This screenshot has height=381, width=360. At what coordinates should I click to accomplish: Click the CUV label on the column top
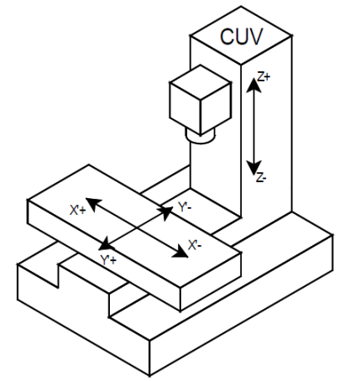241,38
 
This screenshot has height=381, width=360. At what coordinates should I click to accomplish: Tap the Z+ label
263,76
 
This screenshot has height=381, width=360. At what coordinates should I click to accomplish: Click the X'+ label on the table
76,202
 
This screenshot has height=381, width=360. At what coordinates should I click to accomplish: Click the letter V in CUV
258,38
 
